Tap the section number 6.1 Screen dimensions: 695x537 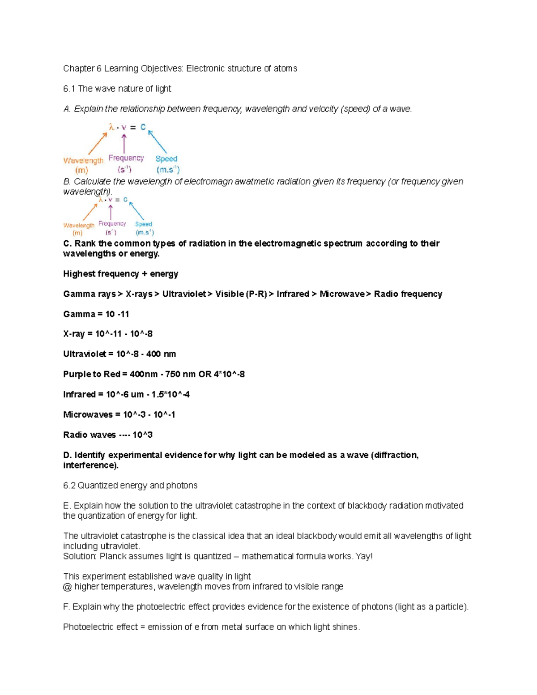point(69,89)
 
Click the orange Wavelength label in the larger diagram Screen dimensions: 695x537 point(83,160)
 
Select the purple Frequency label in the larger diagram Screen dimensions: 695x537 point(126,158)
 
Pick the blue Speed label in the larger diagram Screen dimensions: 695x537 point(166,159)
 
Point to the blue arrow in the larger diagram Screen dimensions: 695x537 point(158,141)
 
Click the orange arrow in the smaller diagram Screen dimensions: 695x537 point(90,211)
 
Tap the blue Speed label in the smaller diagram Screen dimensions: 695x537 point(144,224)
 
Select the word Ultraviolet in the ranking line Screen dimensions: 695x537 point(183,294)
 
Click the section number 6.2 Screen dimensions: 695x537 point(69,486)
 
